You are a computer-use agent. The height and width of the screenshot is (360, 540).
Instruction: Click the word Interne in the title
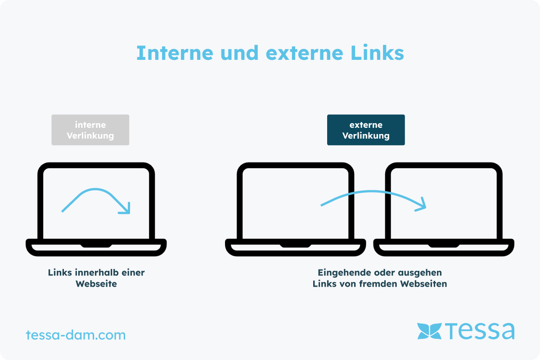point(175,53)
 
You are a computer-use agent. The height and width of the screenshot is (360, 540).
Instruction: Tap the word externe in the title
point(305,54)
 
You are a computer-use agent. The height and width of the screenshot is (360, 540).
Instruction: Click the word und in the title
point(239,53)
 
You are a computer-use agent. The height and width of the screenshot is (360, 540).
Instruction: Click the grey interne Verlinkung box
point(90,130)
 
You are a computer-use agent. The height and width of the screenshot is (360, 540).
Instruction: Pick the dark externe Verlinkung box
point(366,130)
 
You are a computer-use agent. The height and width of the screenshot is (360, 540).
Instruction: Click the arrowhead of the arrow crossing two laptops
point(421,205)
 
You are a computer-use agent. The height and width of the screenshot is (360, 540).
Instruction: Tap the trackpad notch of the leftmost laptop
point(96,245)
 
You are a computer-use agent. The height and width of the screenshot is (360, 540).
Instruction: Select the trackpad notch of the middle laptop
point(296,245)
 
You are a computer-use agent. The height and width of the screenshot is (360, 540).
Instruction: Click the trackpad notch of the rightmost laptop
point(444,245)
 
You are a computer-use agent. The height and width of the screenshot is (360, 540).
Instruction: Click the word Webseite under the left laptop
point(96,284)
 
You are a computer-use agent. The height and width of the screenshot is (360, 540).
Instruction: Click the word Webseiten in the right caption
point(424,284)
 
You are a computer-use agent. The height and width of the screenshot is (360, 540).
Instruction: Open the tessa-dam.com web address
point(76,335)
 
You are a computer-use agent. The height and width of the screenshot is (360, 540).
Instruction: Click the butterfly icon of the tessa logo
point(429,331)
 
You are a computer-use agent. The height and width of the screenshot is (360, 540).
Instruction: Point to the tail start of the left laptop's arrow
point(63,211)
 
